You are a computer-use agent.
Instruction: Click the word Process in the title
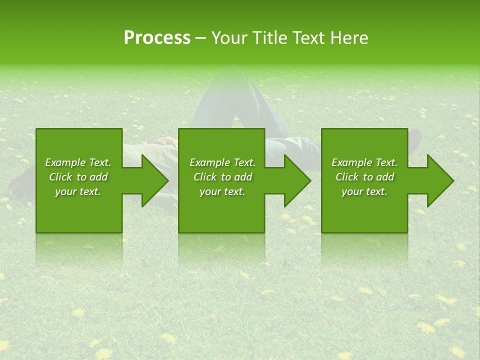click(157, 38)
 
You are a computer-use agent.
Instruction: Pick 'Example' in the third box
click(351, 162)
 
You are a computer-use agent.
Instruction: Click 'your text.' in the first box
click(78, 191)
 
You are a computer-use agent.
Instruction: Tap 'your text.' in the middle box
click(222, 191)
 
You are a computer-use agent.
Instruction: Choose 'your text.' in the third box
click(364, 191)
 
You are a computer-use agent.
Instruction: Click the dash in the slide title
click(200, 38)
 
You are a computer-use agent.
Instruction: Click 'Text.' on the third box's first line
click(386, 162)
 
